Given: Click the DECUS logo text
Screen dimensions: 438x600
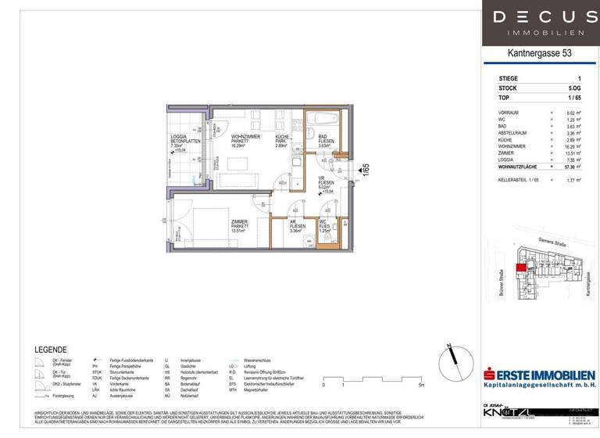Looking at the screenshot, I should point(537,17).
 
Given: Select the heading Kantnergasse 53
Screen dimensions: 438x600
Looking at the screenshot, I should point(538,54).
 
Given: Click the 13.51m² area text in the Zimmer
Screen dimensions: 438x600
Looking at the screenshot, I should point(237,232).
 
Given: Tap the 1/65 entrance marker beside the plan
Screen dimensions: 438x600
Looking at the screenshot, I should point(365,169).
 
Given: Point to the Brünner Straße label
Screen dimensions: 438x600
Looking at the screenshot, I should point(501,283).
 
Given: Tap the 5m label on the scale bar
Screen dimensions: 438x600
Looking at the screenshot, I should point(421,385).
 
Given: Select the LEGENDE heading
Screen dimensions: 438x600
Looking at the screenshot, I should point(52,350).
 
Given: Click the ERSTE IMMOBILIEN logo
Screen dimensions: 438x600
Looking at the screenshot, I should point(540,379).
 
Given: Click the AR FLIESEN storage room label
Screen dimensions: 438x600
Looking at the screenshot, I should point(295,226).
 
